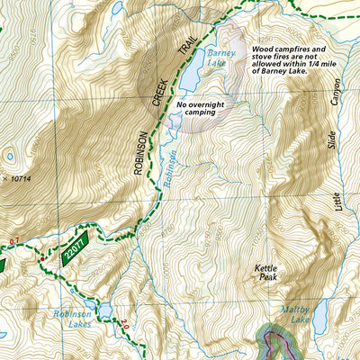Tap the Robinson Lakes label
[72, 319]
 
